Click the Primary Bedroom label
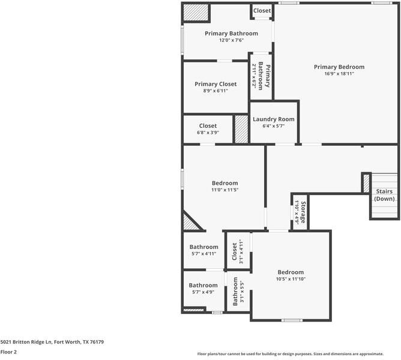click(339, 67)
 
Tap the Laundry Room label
click(274, 119)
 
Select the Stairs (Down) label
click(384, 194)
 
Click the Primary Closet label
click(216, 84)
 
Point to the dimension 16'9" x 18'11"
click(339, 74)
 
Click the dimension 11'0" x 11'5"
click(225, 190)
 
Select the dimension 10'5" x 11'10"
click(290, 278)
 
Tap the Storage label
click(303, 213)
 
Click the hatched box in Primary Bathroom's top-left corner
click(195, 12)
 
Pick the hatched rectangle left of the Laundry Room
click(241, 129)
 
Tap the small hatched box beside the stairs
click(366, 183)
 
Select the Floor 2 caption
click(8, 352)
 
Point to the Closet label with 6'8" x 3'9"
click(208, 126)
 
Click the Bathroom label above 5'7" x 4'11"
click(204, 247)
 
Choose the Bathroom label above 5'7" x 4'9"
click(204, 285)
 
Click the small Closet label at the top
click(262, 11)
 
